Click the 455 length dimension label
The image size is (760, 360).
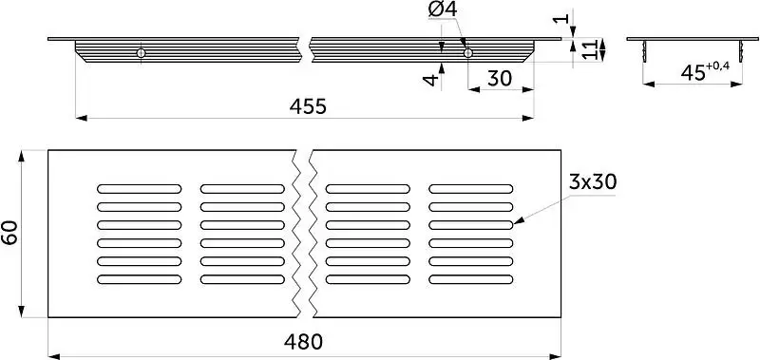pyautogui.click(x=308, y=106)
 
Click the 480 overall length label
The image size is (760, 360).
pyautogui.click(x=303, y=343)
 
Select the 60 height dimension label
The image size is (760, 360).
pyautogui.click(x=10, y=233)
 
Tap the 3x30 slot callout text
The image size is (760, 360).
pyautogui.click(x=592, y=182)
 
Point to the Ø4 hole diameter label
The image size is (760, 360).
pyautogui.click(x=443, y=10)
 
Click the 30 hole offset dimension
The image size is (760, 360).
pyautogui.click(x=500, y=79)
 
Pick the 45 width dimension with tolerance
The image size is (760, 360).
pyautogui.click(x=705, y=70)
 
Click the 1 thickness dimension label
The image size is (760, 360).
pyautogui.click(x=562, y=19)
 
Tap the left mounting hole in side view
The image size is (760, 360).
pyautogui.click(x=141, y=53)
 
